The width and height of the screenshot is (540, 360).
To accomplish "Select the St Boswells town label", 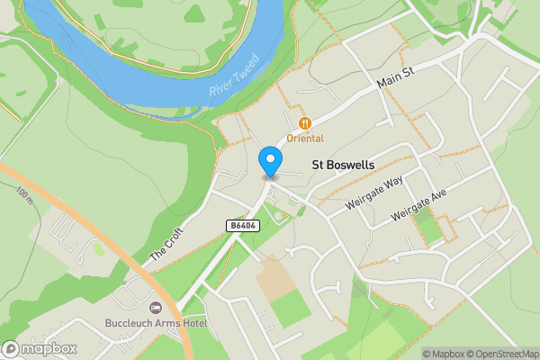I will click(x=343, y=166).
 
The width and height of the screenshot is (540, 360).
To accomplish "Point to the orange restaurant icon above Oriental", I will click(x=305, y=122).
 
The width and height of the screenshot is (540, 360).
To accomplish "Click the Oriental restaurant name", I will click(x=305, y=138).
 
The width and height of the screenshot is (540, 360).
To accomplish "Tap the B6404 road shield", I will click(x=243, y=225).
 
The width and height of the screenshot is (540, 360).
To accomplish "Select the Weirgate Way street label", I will click(x=376, y=195).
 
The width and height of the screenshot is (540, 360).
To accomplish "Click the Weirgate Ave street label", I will click(x=419, y=207).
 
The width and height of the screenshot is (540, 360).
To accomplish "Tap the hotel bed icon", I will click(x=154, y=309).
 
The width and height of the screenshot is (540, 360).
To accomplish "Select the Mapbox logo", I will click(x=39, y=348).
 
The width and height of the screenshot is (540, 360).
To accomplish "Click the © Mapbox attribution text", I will click(x=445, y=354).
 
